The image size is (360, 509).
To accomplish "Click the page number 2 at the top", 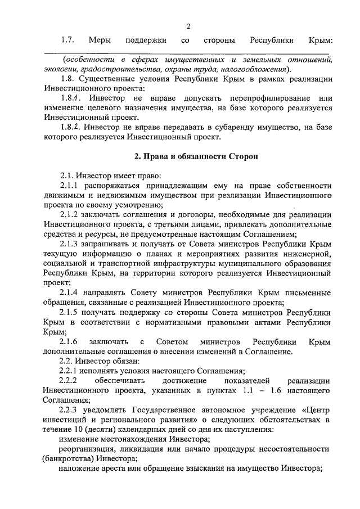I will click(188, 26).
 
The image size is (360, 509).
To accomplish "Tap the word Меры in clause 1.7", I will click(100, 41).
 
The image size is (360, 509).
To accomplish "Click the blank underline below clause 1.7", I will click(188, 55).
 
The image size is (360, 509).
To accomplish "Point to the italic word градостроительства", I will click(104, 69).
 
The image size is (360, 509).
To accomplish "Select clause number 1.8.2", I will click(71, 128).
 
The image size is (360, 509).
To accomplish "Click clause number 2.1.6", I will click(71, 342).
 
